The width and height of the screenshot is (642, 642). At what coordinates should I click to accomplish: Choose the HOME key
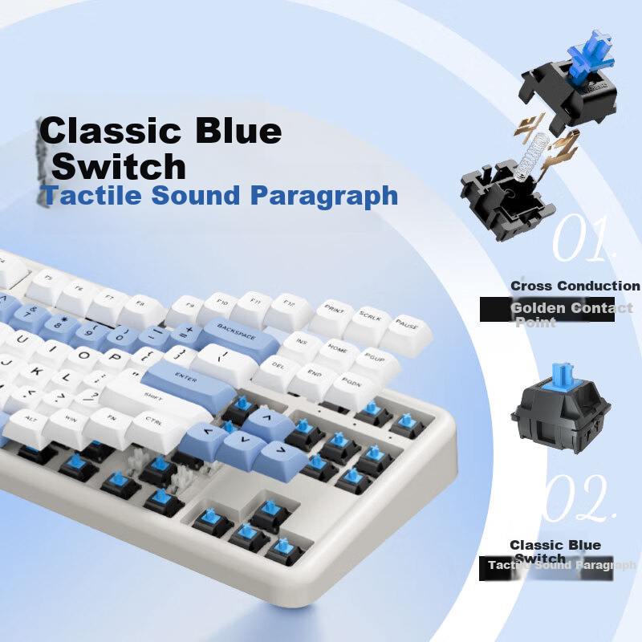tap(337, 352)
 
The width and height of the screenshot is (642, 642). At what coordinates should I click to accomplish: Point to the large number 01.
tap(583, 239)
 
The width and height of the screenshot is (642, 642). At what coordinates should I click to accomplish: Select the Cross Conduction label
tap(575, 286)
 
